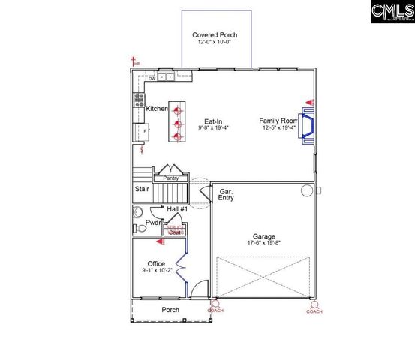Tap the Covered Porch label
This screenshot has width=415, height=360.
(x=214, y=35)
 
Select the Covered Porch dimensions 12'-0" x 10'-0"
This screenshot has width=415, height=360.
(x=214, y=43)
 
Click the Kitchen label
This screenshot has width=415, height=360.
(x=157, y=109)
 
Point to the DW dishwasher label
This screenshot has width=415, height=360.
(x=152, y=78)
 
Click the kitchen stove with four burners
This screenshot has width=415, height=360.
(x=139, y=97)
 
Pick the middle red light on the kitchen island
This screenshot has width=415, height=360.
(x=179, y=124)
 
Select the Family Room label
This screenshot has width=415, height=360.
(x=279, y=121)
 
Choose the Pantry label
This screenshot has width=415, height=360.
(x=170, y=178)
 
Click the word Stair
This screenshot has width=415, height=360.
(x=142, y=190)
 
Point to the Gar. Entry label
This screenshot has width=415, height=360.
(x=226, y=195)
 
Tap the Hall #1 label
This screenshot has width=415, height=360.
(x=177, y=208)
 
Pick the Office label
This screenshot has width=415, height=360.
(x=156, y=263)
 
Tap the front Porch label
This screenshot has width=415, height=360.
(x=170, y=310)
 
